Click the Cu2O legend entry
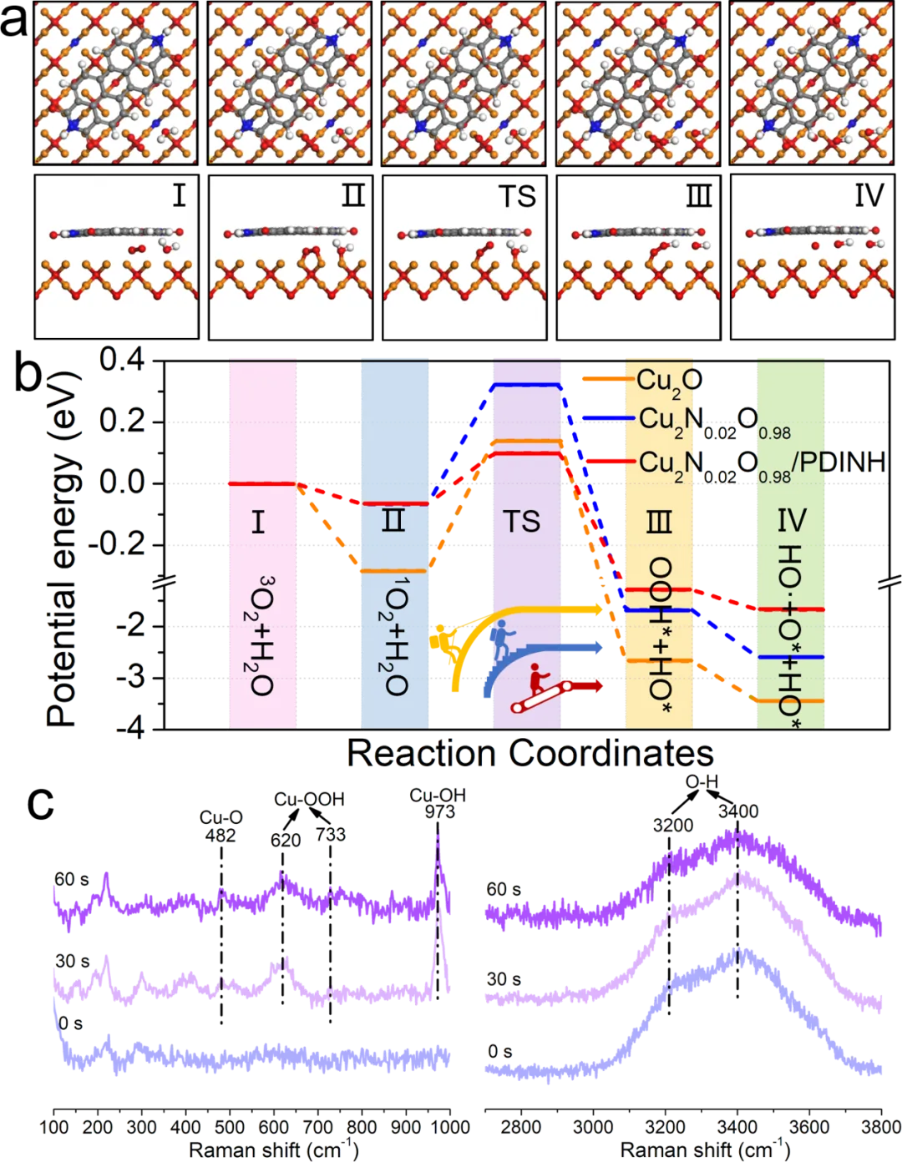(668, 380)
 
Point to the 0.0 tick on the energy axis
(122, 482)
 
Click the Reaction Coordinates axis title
(531, 754)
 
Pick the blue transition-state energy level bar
(525, 385)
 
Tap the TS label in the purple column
(522, 522)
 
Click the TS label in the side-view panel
(516, 197)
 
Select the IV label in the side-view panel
(869, 197)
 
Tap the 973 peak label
(438, 811)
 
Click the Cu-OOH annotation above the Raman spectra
(309, 800)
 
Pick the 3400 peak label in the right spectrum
(737, 811)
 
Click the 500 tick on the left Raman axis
(231, 1127)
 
